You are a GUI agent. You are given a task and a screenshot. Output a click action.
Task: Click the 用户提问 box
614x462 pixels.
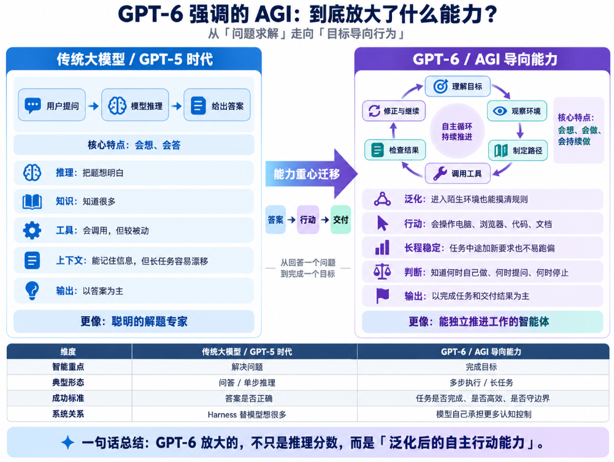[x=52, y=105]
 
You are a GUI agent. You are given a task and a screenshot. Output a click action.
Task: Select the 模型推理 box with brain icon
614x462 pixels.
[x=135, y=105]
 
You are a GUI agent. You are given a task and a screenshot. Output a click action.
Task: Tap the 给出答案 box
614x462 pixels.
[x=217, y=105]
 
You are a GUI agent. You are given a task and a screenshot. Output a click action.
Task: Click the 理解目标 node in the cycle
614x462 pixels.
[x=458, y=86]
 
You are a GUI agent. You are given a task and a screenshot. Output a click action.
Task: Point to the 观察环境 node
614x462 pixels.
[x=517, y=111]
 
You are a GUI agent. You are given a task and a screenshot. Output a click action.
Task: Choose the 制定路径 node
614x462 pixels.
[x=518, y=150]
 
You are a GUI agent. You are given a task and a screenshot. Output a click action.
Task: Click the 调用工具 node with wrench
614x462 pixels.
[x=458, y=173]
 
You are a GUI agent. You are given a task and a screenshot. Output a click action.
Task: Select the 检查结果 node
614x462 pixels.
[x=395, y=150]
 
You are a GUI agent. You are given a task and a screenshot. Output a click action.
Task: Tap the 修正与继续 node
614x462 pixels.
[x=394, y=111]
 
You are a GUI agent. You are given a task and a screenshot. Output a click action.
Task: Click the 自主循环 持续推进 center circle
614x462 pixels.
[x=457, y=131]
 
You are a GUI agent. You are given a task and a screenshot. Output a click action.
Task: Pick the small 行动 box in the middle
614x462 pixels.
[x=308, y=220]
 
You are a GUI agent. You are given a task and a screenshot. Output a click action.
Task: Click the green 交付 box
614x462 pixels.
[x=340, y=220]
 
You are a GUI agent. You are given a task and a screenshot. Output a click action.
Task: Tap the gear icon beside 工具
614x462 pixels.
[x=32, y=230]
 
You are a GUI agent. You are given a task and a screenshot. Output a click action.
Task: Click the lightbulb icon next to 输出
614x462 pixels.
[x=32, y=290]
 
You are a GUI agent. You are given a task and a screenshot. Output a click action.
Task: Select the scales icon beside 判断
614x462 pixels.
[x=382, y=272]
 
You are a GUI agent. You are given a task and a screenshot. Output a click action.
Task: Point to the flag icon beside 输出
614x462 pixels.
[x=382, y=296]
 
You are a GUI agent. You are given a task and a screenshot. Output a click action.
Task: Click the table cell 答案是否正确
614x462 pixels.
[x=248, y=398]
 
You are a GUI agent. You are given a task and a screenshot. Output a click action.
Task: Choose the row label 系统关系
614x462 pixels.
[x=68, y=414]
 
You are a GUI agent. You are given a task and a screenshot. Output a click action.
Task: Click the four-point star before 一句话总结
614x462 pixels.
[x=67, y=442]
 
